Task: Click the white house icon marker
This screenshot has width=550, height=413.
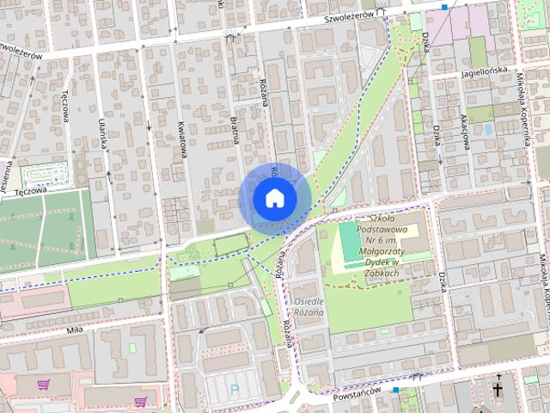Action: [274, 198]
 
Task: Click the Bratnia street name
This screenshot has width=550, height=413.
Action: [234, 126]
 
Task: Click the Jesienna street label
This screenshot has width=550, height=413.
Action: [6, 172]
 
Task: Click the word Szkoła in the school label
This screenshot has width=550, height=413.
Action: [385, 218]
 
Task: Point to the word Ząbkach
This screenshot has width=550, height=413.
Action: [380, 273]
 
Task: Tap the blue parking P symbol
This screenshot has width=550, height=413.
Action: [235, 390]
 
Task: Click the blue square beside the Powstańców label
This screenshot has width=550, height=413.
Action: [395, 391]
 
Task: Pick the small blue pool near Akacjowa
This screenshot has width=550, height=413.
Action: [487, 129]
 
